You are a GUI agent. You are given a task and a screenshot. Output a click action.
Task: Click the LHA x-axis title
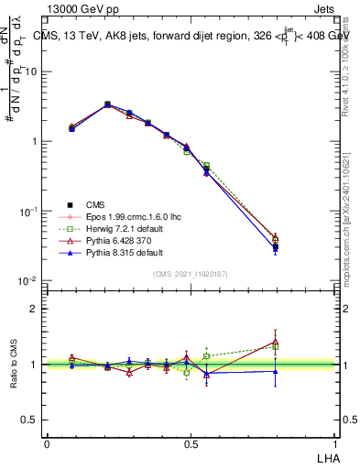326,457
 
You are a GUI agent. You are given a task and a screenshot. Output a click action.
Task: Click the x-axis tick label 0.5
191,443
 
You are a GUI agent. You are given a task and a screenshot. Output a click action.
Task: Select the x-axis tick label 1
334,443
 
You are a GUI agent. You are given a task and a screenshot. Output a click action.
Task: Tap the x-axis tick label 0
47,443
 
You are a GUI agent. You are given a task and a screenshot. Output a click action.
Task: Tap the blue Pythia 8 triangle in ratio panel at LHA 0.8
275,371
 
